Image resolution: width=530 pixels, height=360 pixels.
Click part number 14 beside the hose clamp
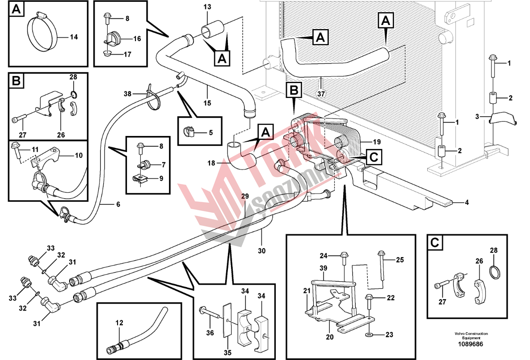pos(74,37)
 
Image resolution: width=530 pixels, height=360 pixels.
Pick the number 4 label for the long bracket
pos(467,203)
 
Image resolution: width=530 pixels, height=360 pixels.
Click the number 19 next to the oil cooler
pos(377,142)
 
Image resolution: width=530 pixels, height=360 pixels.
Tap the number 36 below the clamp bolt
pos(210,333)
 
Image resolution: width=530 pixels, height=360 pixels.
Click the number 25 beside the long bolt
pos(400,259)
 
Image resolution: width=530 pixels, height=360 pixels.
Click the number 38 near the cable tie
pos(128,94)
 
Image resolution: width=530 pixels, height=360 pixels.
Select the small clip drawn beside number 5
pos(189,131)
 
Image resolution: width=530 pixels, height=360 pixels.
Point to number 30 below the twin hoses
pos(261,251)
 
